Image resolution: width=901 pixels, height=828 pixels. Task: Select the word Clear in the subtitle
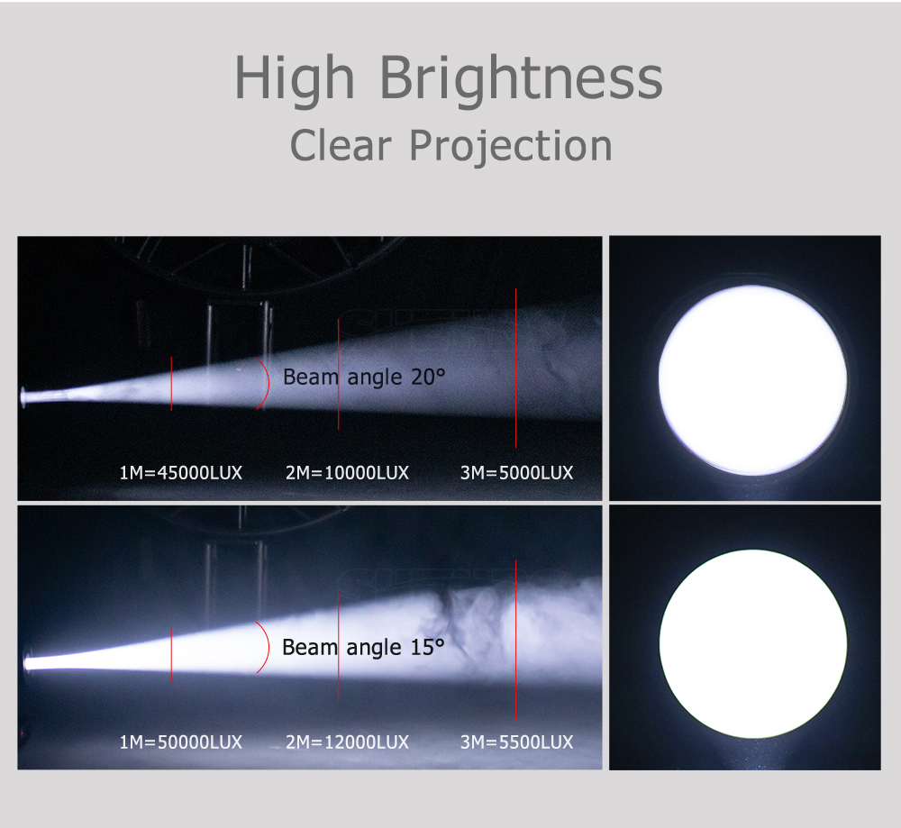[341, 145]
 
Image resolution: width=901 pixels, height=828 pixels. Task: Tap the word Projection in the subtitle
[510, 147]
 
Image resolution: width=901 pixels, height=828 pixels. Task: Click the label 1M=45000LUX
[180, 473]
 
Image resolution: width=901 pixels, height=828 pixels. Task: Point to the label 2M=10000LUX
[347, 473]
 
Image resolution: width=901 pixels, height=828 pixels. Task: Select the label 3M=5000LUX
[516, 473]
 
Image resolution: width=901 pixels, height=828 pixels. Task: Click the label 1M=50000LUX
[180, 742]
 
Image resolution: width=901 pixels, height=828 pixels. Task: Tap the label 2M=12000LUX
[347, 742]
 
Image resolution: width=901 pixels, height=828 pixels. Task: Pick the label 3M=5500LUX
[516, 742]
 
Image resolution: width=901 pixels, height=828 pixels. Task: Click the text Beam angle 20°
[364, 378]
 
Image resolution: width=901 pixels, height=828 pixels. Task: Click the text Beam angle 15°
[363, 648]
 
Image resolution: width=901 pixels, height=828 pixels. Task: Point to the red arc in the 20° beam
[268, 383]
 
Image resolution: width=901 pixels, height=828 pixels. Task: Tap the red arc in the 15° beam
[268, 647]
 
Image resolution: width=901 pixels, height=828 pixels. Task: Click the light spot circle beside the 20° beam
[752, 380]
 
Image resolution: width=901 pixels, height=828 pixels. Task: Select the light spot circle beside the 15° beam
[752, 643]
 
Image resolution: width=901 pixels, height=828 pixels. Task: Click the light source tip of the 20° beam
[23, 397]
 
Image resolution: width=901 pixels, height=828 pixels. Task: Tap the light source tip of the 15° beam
[27, 664]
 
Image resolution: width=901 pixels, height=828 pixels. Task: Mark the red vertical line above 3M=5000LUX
[516, 368]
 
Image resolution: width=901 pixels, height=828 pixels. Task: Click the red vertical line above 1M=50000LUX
[171, 655]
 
